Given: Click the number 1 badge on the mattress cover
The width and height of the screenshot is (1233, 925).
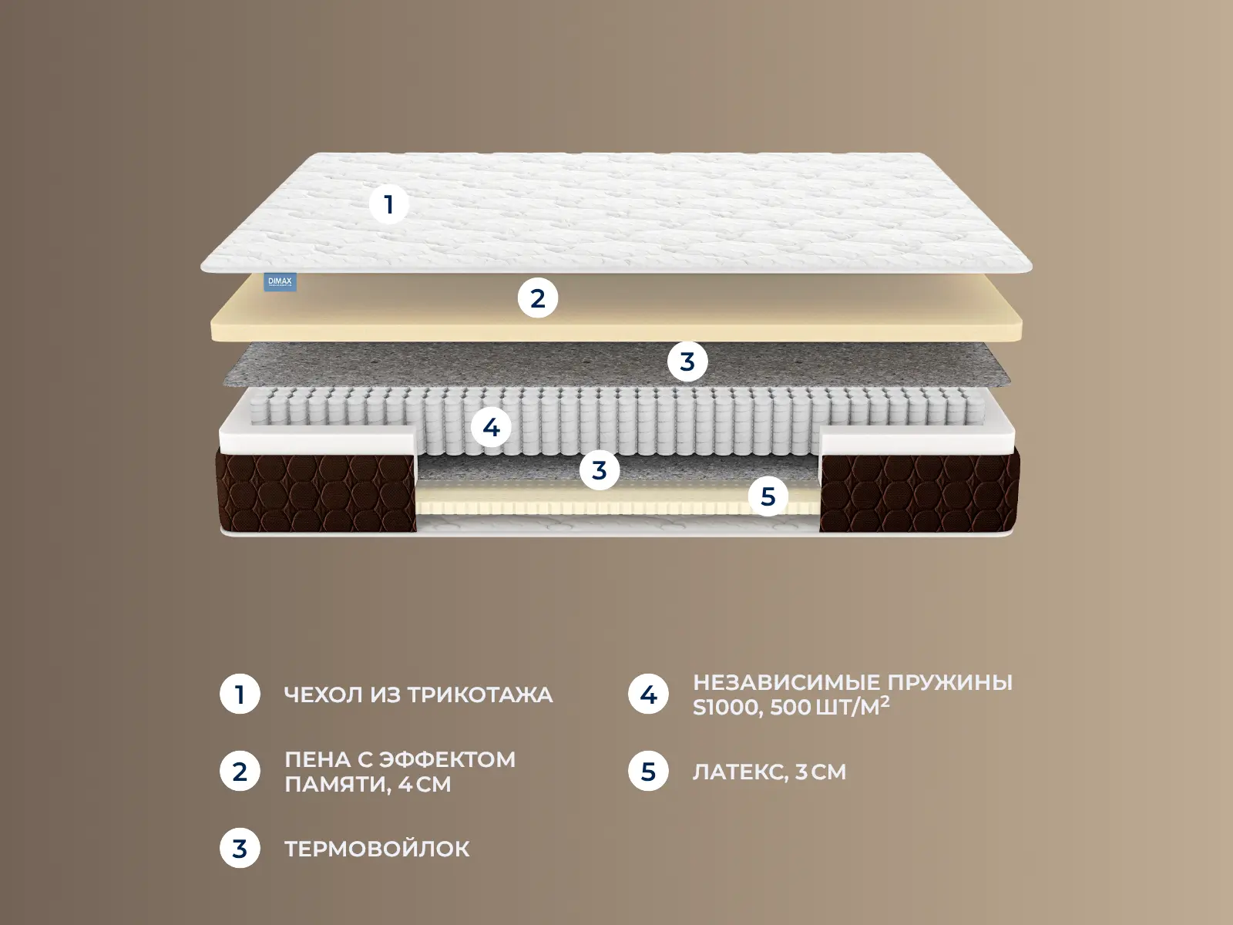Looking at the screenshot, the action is coord(388,204).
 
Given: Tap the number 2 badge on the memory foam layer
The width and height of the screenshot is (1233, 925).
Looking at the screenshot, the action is coord(538,298).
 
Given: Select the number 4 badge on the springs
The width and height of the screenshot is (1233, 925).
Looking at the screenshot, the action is coord(492,428).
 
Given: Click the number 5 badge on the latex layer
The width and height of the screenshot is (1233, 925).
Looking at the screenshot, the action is coord(768,496).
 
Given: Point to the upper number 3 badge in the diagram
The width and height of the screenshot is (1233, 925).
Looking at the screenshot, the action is coord(687,362).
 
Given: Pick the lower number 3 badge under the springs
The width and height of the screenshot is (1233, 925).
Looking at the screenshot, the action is coord(600,469).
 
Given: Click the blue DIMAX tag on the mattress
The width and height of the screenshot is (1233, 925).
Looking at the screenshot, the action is coord(281,282).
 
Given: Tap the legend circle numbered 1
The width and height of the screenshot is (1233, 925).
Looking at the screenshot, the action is coord(240,695).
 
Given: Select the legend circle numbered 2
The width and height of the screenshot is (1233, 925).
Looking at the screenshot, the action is coord(240,771).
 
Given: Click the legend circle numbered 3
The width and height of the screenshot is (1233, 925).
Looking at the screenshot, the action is coord(240,848).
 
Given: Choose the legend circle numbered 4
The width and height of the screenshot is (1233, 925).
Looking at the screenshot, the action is coord(648,695).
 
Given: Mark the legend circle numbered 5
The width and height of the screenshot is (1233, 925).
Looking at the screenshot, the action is coord(648,771).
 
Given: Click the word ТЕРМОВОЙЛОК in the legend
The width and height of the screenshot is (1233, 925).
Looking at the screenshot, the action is coord(377,849).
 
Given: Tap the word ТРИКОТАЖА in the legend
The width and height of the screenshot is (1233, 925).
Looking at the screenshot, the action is coord(480,695).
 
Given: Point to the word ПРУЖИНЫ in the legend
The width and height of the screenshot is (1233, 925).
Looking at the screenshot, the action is coord(950,683).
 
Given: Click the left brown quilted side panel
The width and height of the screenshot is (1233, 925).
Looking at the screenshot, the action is coord(316,490).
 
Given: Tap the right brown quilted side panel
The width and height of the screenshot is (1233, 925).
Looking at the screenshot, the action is coord(919,490).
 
